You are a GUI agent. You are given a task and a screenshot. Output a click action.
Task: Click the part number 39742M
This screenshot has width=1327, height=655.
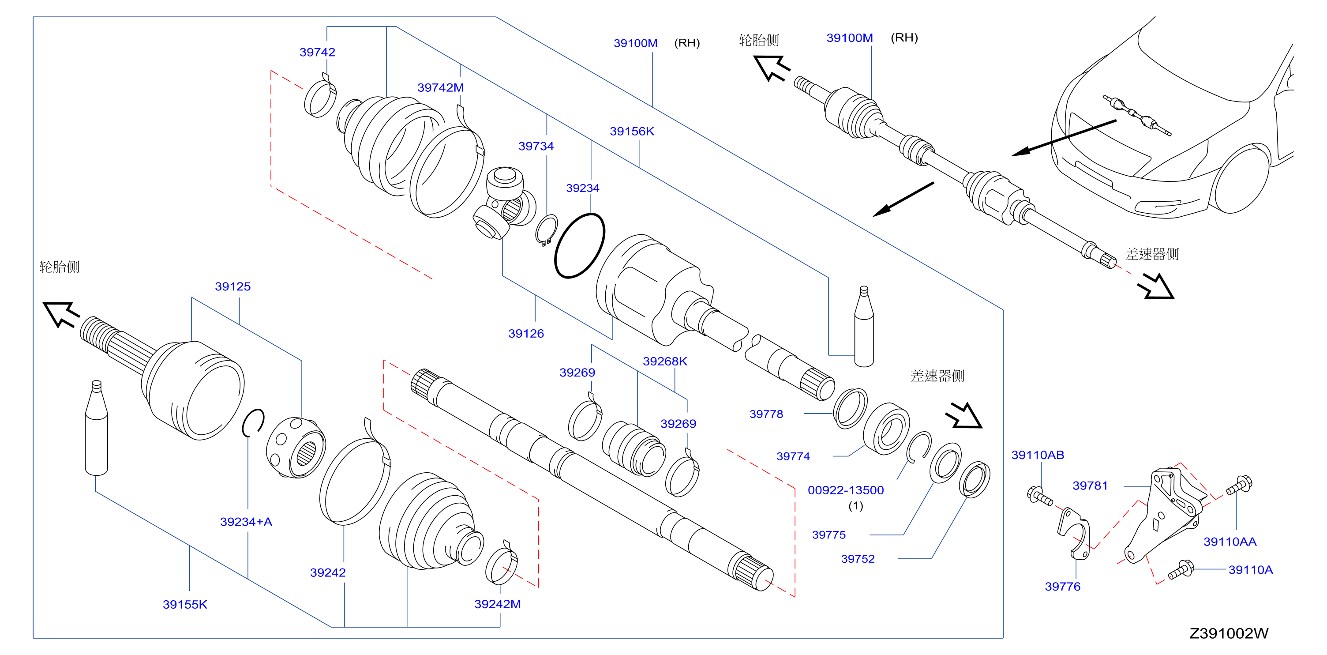pyautogui.click(x=440, y=87)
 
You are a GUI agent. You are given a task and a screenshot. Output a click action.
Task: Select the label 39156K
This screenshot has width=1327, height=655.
pyautogui.click(x=632, y=132)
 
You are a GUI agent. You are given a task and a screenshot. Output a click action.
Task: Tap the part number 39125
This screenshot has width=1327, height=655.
pyautogui.click(x=232, y=286)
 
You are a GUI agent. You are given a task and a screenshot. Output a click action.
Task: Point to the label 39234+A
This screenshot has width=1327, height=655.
pyautogui.click(x=246, y=522)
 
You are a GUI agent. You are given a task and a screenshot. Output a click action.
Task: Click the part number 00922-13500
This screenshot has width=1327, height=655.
pyautogui.click(x=845, y=490)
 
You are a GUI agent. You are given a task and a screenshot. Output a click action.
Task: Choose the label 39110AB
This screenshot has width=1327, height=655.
pyautogui.click(x=1038, y=455)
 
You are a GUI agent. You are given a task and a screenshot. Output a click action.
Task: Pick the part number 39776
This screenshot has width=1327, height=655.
pyautogui.click(x=1062, y=587)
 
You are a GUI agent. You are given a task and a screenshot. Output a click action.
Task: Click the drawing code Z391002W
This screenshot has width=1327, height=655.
pyautogui.click(x=1229, y=633)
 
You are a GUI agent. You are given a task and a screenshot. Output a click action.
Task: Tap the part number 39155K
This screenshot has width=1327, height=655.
pyautogui.click(x=184, y=605)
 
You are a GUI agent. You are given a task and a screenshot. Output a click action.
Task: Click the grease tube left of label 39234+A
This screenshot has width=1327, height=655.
pyautogui.click(x=96, y=428)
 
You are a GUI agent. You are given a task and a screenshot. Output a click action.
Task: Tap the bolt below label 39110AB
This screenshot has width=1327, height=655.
pyautogui.click(x=1039, y=496)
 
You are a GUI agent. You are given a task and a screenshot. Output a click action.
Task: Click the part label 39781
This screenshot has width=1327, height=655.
pyautogui.click(x=1090, y=486)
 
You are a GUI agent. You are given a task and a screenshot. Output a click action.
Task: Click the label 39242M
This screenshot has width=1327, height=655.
pyautogui.click(x=497, y=604)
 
